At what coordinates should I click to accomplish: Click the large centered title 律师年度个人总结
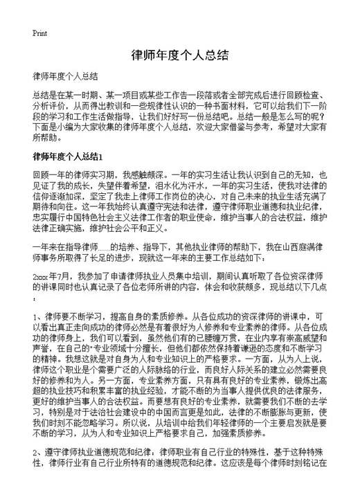tap(179, 55)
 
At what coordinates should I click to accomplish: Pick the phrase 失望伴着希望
tap(95, 185)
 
